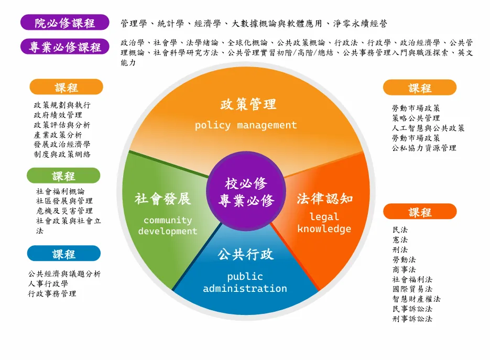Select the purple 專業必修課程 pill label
(64, 47)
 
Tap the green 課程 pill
(63, 176)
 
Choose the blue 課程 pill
(64, 254)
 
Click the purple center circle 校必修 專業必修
(246, 191)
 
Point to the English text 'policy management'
(246, 125)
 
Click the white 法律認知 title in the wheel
(325, 199)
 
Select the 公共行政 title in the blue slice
(246, 254)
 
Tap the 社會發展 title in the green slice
(162, 199)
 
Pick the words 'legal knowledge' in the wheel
(324, 223)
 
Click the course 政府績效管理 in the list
(58, 115)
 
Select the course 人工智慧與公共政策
(428, 128)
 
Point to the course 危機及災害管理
(64, 211)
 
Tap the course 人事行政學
(48, 283)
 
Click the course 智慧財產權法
(416, 299)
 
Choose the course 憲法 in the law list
(400, 239)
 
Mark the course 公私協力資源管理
(424, 148)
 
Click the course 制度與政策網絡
(62, 155)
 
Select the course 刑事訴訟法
(412, 319)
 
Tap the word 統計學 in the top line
(170, 24)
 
